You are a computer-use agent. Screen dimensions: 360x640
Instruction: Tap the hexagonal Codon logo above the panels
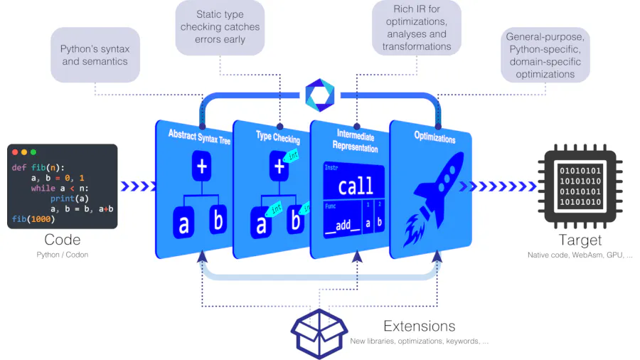click(x=319, y=95)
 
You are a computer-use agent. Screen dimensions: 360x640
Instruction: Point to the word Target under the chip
click(x=580, y=240)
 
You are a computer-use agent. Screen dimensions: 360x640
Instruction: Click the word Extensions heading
click(x=419, y=327)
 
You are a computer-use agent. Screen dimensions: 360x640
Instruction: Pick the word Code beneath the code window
click(x=62, y=240)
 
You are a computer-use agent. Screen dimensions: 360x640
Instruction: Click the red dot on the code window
click(x=15, y=152)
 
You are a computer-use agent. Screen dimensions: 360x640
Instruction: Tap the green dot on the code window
click(x=33, y=152)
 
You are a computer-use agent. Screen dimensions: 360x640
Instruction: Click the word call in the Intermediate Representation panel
click(x=355, y=186)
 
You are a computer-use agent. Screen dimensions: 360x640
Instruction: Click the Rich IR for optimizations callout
click(x=417, y=28)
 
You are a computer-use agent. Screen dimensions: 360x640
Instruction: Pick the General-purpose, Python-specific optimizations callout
click(x=545, y=55)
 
